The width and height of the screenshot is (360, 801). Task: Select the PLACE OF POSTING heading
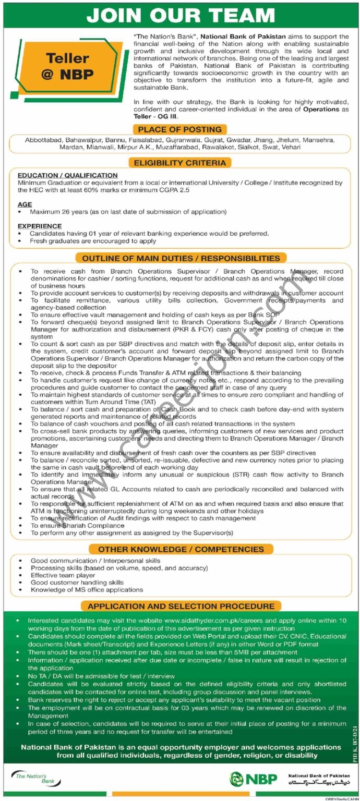[180, 129]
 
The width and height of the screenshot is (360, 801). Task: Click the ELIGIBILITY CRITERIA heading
[180, 163]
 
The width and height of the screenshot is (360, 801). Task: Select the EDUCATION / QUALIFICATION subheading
[67, 175]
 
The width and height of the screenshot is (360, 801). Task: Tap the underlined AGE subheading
[25, 204]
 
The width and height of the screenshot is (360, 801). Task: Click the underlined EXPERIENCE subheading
[40, 226]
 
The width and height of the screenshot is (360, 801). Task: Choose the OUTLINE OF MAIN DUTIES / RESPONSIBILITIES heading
[180, 258]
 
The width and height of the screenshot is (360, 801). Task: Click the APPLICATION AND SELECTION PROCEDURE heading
[181, 606]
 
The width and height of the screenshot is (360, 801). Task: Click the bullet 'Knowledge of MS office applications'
[87, 589]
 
